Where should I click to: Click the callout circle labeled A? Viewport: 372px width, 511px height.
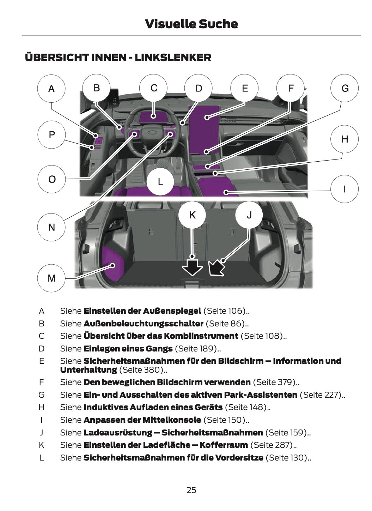click(51, 89)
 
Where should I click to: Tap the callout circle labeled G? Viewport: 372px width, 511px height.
click(344, 88)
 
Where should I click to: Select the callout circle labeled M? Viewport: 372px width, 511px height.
click(51, 278)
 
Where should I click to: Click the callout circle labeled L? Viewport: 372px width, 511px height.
click(160, 182)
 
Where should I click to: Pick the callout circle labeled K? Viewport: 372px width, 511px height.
click(192, 215)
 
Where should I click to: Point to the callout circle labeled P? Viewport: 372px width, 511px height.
click(51, 134)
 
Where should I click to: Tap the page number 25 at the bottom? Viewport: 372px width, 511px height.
click(191, 490)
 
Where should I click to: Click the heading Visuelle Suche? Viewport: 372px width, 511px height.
click(191, 24)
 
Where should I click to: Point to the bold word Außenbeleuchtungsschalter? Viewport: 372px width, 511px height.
click(143, 324)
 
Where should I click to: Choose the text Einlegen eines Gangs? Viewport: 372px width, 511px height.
click(128, 349)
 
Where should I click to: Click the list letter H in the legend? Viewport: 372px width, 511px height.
click(42, 407)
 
